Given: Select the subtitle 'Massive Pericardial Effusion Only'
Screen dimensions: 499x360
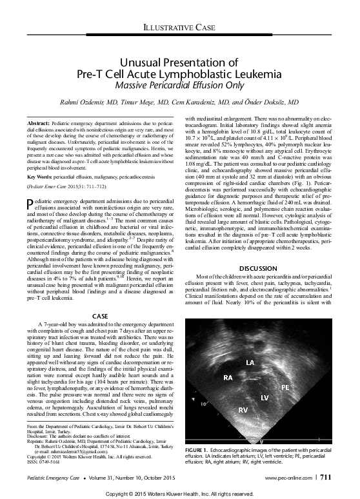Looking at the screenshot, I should pyautogui.click(x=180, y=84).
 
